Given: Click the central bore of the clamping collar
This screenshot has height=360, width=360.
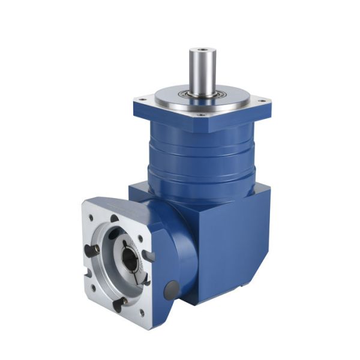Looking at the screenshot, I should click(128, 259).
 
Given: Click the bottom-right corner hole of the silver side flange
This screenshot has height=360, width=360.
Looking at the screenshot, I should click(142, 312).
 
